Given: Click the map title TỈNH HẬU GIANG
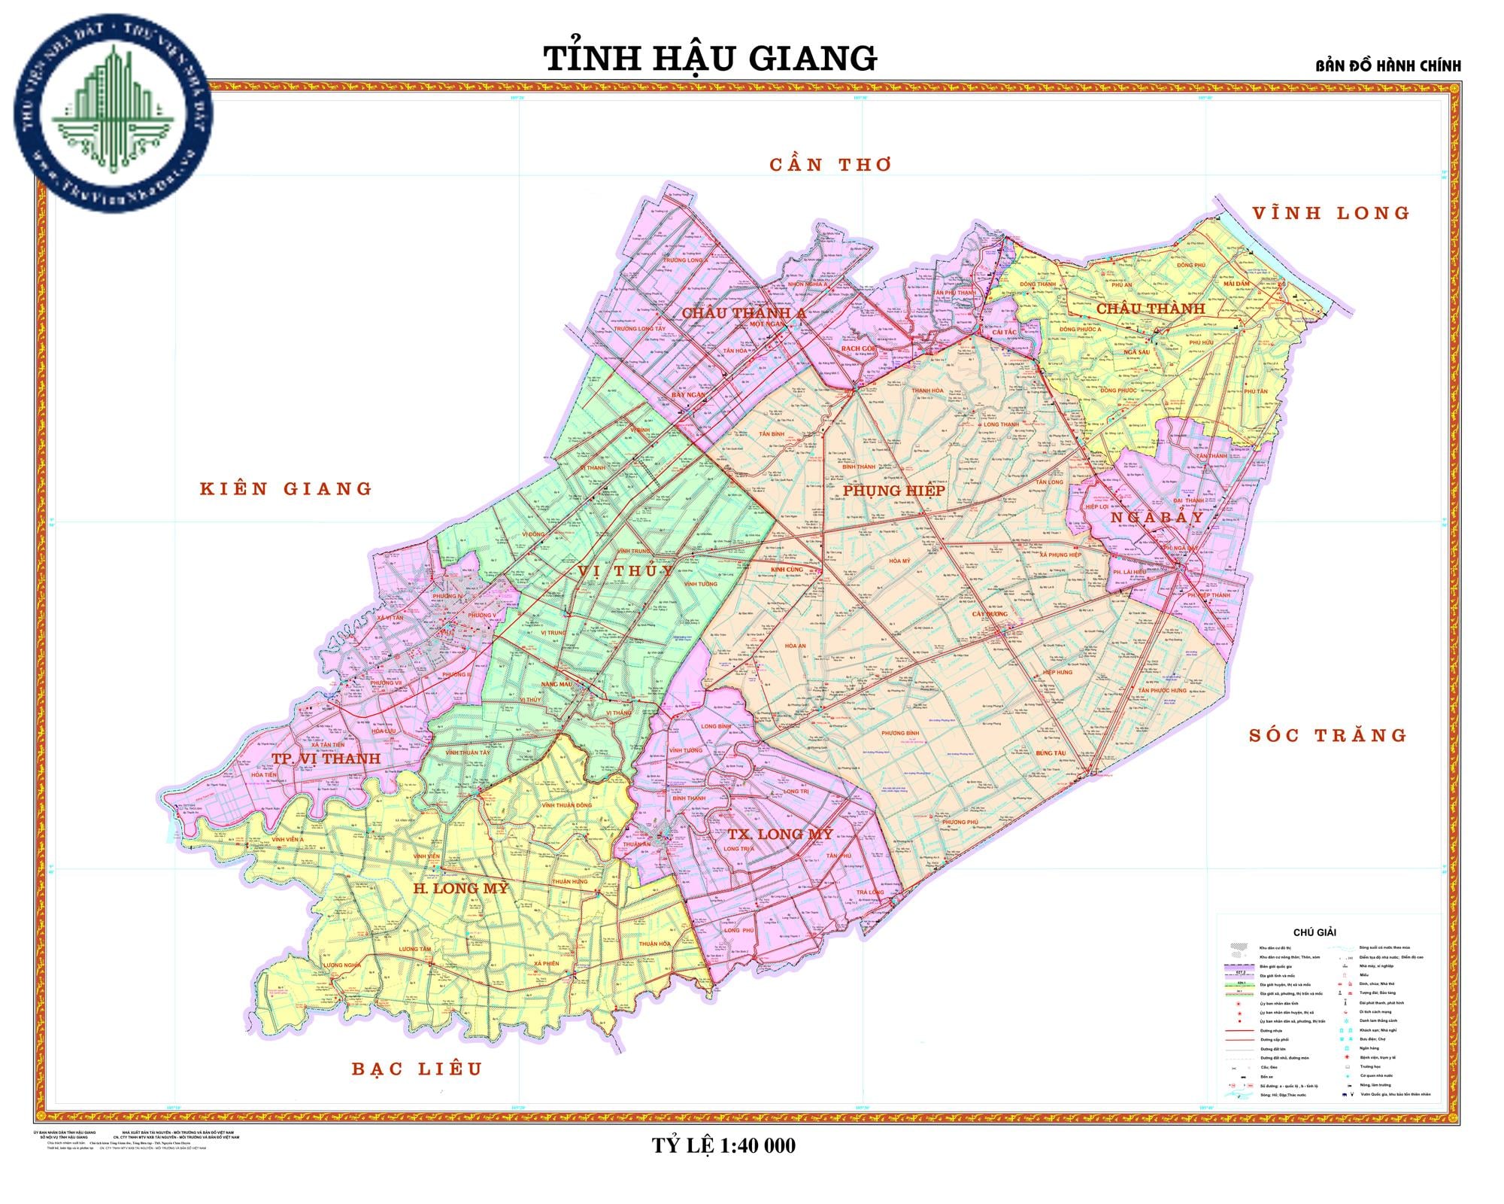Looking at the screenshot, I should pyautogui.click(x=710, y=59).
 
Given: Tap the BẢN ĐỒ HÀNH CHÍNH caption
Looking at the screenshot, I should pyautogui.click(x=1387, y=66).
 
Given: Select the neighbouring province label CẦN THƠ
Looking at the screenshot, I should pyautogui.click(x=830, y=165).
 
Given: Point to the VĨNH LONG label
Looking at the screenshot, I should pyautogui.click(x=1330, y=214).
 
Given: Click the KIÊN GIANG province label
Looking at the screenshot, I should pyautogui.click(x=286, y=489).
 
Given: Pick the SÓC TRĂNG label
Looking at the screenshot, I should pyautogui.click(x=1327, y=736).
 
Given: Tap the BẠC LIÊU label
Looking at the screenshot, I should pyautogui.click(x=417, y=1069).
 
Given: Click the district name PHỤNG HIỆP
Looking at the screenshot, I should pyautogui.click(x=893, y=491).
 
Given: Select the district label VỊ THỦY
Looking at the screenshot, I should pyautogui.click(x=626, y=571).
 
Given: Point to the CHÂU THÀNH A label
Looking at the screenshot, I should pyautogui.click(x=744, y=313).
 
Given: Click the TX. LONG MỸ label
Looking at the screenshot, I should pyautogui.click(x=780, y=834).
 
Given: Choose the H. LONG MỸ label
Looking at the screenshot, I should pyautogui.click(x=460, y=888).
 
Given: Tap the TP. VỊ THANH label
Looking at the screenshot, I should pyautogui.click(x=326, y=759).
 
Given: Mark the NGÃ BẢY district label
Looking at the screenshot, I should pyautogui.click(x=1157, y=518).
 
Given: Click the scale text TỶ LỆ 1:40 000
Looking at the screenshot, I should pyautogui.click(x=723, y=1146).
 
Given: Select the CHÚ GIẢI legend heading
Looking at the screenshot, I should pyautogui.click(x=1314, y=932).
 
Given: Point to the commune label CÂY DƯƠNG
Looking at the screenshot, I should pyautogui.click(x=989, y=614).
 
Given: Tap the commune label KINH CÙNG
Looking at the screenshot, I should pyautogui.click(x=787, y=570).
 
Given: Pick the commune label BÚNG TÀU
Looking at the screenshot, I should pyautogui.click(x=1051, y=753).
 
